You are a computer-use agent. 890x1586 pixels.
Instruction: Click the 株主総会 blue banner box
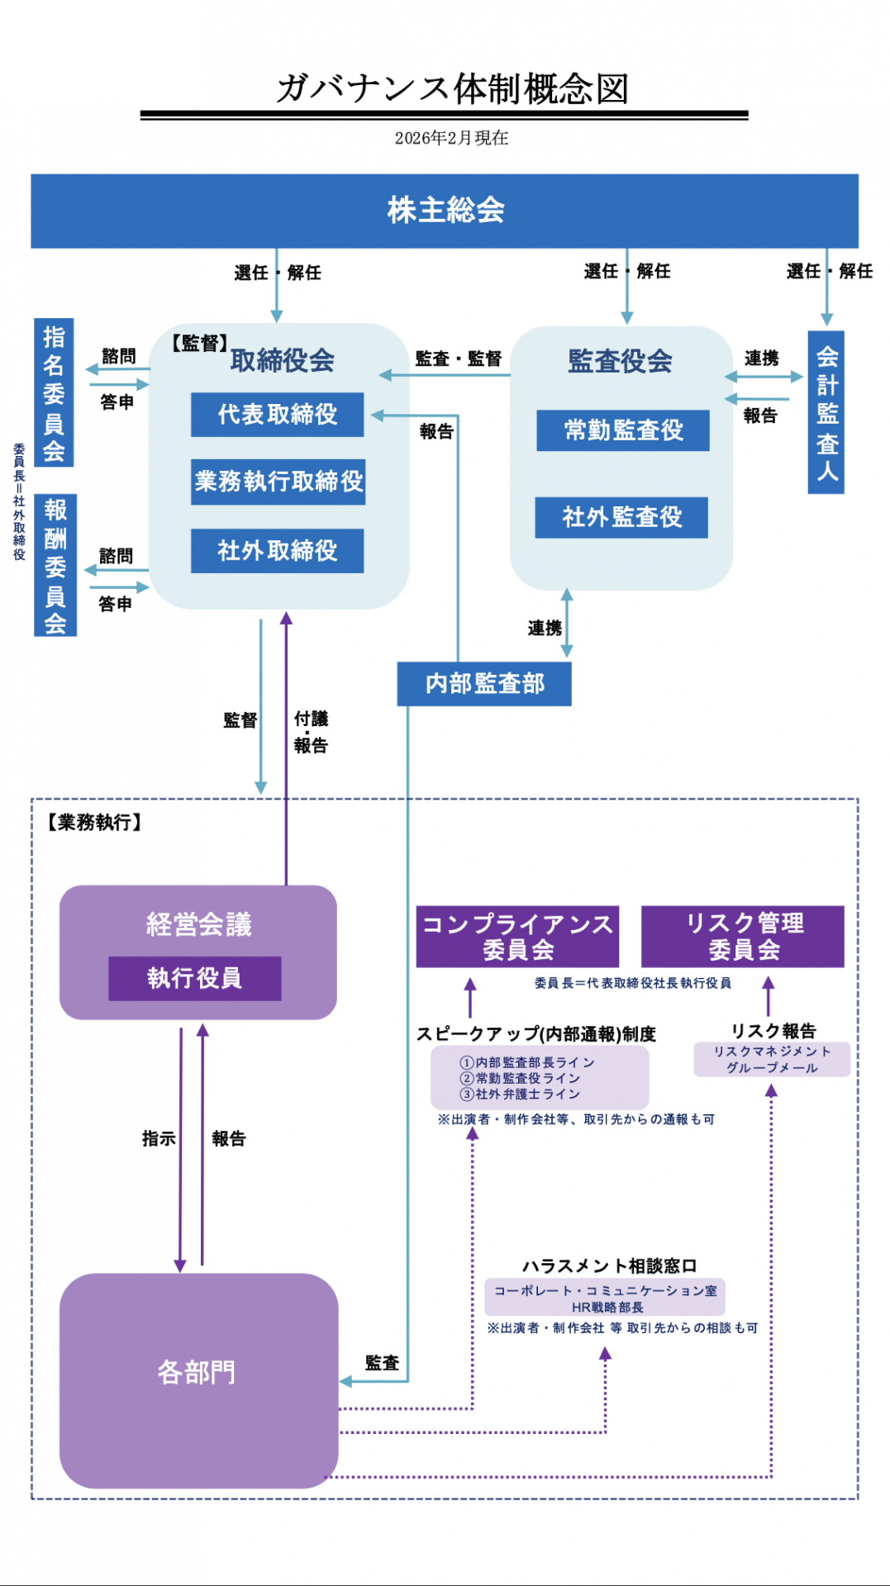click(x=445, y=211)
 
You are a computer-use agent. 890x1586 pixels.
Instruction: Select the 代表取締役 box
click(x=277, y=415)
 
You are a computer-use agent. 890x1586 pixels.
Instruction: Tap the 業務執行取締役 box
click(x=278, y=482)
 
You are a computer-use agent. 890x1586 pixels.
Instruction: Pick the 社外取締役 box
click(x=277, y=551)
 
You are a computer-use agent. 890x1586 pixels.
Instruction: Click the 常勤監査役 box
click(x=623, y=430)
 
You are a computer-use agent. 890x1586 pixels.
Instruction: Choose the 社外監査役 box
click(x=621, y=518)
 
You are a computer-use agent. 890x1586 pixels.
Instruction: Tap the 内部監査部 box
click(x=484, y=684)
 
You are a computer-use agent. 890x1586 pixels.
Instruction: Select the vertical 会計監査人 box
click(x=826, y=413)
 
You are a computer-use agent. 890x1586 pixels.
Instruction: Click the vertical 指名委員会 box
click(x=55, y=392)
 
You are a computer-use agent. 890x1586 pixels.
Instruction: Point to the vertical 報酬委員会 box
click(x=55, y=566)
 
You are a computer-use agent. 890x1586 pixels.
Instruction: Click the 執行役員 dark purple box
click(x=195, y=979)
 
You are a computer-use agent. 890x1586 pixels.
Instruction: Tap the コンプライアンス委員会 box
click(x=517, y=937)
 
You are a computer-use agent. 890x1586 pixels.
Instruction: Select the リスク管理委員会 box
click(x=743, y=937)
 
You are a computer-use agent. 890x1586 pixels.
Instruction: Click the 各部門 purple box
click(x=198, y=1373)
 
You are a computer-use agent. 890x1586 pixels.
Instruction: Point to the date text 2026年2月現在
click(x=451, y=138)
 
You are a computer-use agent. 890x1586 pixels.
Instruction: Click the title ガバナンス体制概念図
click(x=452, y=88)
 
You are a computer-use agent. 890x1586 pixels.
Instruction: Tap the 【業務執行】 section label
click(x=93, y=823)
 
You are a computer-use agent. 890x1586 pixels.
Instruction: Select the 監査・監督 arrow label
click(x=458, y=359)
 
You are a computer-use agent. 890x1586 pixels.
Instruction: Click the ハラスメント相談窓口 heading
click(x=609, y=1265)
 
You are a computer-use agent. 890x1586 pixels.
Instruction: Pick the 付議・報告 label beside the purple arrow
click(x=311, y=732)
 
